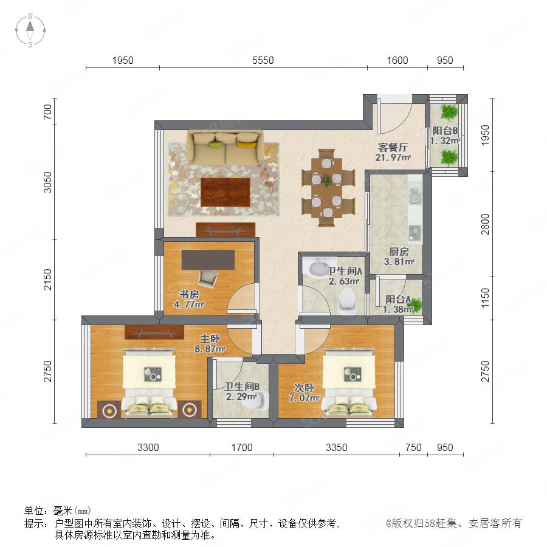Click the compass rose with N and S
pos(30,30)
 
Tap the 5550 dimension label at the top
pos(263,60)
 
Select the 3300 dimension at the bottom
pos(148,447)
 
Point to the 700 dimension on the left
pos(47,112)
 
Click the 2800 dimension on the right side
pos(485,224)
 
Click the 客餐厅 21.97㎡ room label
pos(393,153)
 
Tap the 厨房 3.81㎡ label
pos(399,256)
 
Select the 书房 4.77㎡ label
pos(189,299)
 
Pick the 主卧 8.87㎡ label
pos(210,343)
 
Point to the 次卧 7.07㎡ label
pos(304,393)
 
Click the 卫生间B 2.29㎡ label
pos(242,391)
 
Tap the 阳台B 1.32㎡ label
pos(445,136)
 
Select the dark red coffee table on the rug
pos(225,192)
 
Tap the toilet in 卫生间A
pos(348,300)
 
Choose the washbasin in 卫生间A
pos(318,268)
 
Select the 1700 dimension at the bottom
pos(242,447)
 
